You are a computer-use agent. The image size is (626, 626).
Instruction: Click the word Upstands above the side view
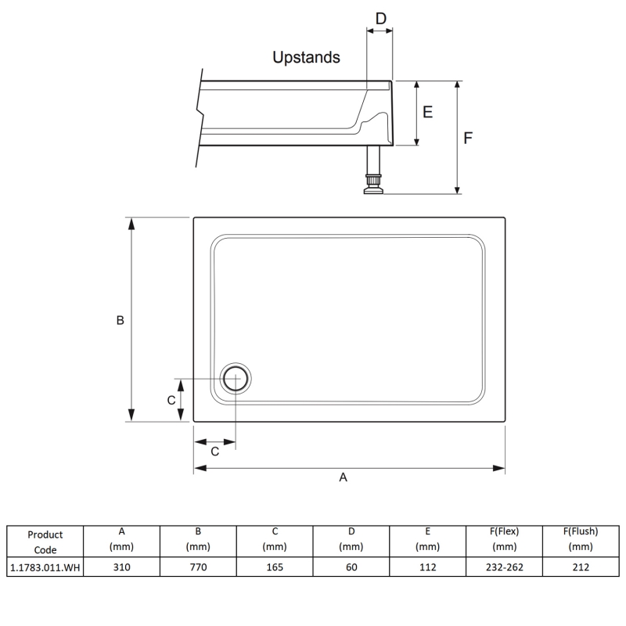306,57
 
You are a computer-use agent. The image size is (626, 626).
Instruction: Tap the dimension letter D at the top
381,18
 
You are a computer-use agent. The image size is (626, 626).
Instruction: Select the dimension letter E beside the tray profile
427,112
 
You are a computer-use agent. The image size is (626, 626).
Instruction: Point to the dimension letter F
468,139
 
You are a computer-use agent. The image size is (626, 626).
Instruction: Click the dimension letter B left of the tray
121,320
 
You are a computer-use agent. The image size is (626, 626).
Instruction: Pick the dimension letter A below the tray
343,477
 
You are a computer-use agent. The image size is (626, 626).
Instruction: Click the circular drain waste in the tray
236,379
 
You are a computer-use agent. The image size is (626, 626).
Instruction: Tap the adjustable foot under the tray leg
373,185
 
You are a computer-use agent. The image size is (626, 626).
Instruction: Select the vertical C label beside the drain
171,400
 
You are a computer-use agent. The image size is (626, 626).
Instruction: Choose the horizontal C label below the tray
214,452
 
